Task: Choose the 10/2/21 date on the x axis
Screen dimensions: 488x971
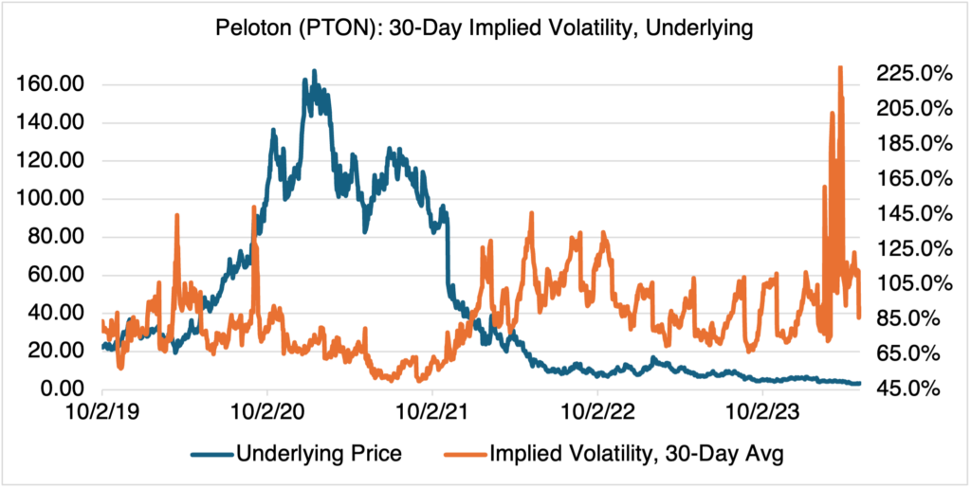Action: [x=432, y=412]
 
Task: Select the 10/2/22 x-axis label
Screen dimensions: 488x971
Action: [x=598, y=412]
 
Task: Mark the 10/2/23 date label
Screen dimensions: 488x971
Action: [x=763, y=412]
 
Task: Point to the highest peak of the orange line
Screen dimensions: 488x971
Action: [x=840, y=67]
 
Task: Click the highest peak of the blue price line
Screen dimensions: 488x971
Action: [x=315, y=71]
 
